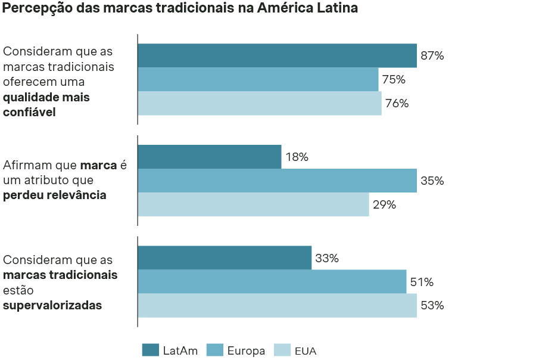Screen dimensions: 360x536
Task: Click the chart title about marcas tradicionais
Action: [180, 9]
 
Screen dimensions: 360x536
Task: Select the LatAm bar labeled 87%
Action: [277, 55]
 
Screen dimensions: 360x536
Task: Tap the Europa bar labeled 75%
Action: [258, 79]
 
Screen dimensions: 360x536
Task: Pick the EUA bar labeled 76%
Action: [259, 103]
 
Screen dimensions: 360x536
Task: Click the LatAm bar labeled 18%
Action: [209, 157]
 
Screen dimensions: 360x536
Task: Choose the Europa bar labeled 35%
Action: [277, 181]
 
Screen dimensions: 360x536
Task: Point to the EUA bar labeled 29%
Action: [253, 204]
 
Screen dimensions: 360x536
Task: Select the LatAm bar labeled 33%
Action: [225, 258]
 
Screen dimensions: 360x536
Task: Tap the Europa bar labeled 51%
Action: [272, 282]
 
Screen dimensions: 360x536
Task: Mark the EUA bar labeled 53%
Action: [277, 306]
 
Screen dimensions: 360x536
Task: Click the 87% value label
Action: [432, 56]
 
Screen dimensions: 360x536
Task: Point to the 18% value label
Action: [297, 157]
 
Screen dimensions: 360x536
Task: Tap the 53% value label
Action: [432, 306]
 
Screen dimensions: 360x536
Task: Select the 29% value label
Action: [384, 204]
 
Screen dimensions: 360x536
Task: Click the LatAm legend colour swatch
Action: [150, 350]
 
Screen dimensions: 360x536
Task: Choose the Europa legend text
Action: [246, 351]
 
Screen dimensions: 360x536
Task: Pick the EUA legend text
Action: [306, 351]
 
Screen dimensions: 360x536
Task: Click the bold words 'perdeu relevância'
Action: [55, 195]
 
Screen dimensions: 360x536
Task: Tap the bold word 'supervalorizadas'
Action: [52, 305]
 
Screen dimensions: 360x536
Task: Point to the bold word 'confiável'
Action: [29, 111]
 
